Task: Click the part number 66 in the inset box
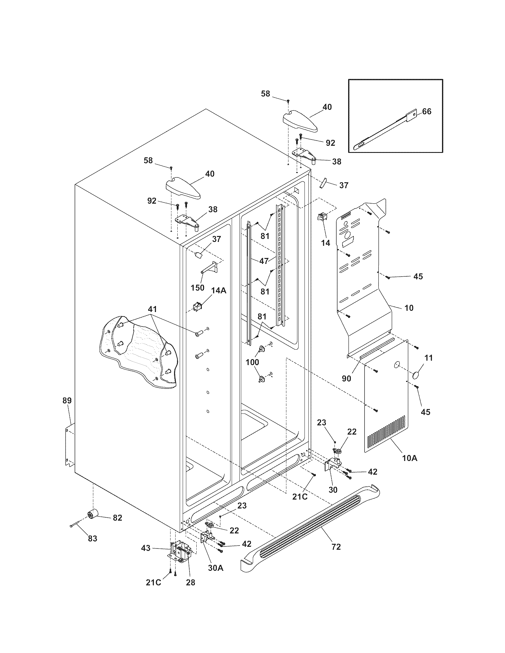click(427, 112)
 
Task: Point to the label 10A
click(410, 466)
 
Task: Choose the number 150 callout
click(198, 288)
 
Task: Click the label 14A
click(219, 290)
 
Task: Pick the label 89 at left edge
click(67, 400)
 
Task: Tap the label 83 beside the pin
click(92, 538)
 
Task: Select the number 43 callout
click(146, 548)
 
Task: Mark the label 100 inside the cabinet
click(252, 362)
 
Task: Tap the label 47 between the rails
click(263, 261)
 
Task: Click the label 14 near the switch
click(326, 243)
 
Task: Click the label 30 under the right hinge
click(333, 489)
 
